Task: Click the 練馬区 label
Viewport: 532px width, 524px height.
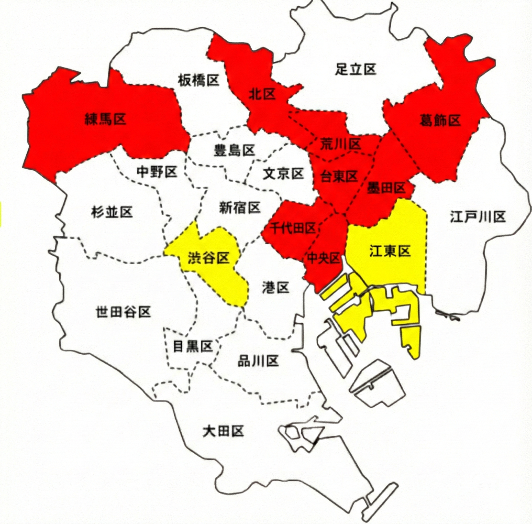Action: pyautogui.click(x=105, y=120)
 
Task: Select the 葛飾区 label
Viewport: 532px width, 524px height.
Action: pyautogui.click(x=440, y=121)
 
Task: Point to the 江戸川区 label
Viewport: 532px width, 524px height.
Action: pyautogui.click(x=478, y=217)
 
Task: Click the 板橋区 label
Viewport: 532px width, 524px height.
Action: pyautogui.click(x=198, y=80)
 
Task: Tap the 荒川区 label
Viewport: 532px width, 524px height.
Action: pyautogui.click(x=340, y=144)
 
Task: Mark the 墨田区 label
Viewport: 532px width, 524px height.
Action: pyautogui.click(x=386, y=188)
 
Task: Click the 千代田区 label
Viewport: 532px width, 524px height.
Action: pyautogui.click(x=293, y=228)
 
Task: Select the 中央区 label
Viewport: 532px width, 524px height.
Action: pyautogui.click(x=324, y=258)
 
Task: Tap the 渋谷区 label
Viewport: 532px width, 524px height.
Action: pyautogui.click(x=208, y=258)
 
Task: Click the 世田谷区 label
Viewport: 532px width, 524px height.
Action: pyautogui.click(x=123, y=312)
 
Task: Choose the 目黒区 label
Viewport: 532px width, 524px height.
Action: pyautogui.click(x=193, y=346)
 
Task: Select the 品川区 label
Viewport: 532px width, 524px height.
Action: pyautogui.click(x=258, y=361)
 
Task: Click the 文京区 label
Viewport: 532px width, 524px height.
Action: pyautogui.click(x=283, y=174)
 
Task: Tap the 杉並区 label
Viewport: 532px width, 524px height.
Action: pyautogui.click(x=112, y=212)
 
